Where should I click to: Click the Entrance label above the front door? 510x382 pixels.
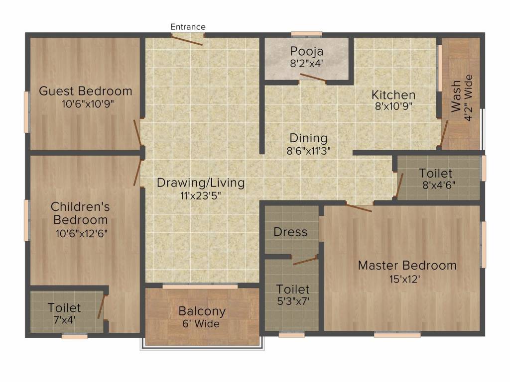188,27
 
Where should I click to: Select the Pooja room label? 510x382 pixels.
307,51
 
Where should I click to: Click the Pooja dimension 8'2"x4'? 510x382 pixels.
306,63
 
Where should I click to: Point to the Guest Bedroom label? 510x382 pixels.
86,91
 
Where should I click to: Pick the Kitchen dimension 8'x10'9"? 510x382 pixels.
393,106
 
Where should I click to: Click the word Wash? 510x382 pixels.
456,96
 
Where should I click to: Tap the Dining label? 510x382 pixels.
308,138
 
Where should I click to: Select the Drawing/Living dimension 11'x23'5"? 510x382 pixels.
201,195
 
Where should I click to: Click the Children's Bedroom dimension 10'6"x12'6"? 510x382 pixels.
81,233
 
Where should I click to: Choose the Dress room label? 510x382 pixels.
290,232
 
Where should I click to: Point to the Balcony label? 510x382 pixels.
202,311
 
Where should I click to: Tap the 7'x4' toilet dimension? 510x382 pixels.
64,320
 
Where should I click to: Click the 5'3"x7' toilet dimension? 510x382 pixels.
293,301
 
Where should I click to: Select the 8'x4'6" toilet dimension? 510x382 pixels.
439,185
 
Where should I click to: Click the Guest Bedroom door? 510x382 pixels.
137,132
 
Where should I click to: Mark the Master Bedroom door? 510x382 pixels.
359,207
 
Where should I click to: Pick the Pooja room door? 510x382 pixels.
313,78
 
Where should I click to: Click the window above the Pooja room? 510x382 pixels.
306,34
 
